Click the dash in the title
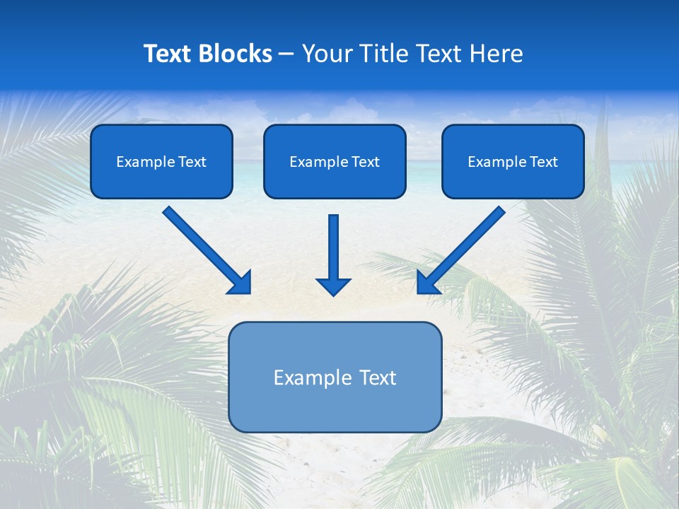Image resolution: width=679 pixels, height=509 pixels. pyautogui.click(x=286, y=54)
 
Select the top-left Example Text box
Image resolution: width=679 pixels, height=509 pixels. pyautogui.click(x=161, y=161)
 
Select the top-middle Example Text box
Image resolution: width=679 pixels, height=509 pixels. pyautogui.click(x=335, y=161)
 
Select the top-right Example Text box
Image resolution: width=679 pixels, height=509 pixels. pyautogui.click(x=513, y=161)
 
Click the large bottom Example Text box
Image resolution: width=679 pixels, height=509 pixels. pyautogui.click(x=335, y=377)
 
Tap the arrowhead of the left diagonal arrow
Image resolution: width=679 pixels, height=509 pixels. pyautogui.click(x=241, y=283)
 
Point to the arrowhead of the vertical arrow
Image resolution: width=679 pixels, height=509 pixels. pyautogui.click(x=333, y=286)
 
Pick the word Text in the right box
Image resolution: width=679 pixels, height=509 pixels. pyautogui.click(x=543, y=162)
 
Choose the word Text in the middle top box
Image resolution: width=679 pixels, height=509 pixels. pyautogui.click(x=365, y=162)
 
